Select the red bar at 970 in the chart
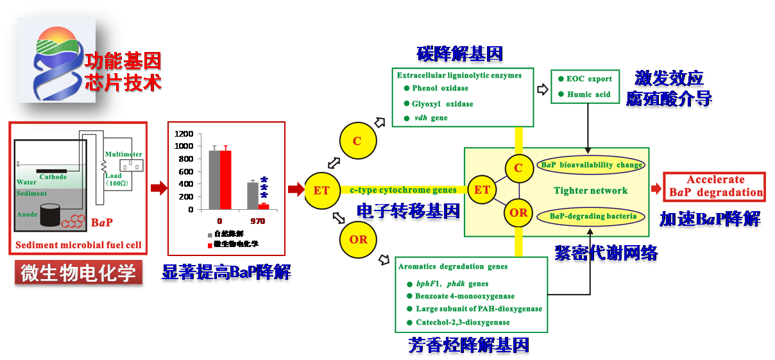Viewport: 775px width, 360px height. click(263, 206)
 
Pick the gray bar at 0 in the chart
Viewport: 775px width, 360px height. click(214, 180)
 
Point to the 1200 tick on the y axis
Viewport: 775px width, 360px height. click(183, 133)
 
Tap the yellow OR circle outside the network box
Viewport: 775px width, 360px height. click(358, 239)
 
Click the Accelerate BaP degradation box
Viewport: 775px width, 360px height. click(715, 186)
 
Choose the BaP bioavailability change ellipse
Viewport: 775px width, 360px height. click(591, 165)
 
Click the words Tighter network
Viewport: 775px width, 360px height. click(591, 190)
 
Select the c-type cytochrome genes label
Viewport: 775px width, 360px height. click(403, 189)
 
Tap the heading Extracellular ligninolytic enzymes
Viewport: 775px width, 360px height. click(459, 75)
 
